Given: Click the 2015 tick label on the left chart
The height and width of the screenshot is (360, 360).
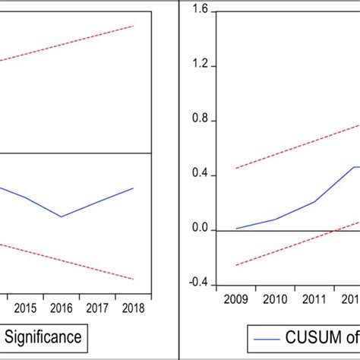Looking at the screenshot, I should (x=25, y=308).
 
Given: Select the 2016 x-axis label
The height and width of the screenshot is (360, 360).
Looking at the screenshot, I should (x=61, y=308).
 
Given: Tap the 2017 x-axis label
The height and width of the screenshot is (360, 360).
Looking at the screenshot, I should (x=97, y=308).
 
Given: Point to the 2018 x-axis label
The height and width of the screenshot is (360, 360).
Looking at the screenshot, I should (x=133, y=308).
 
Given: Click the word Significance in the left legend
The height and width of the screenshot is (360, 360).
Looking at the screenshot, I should (x=46, y=335).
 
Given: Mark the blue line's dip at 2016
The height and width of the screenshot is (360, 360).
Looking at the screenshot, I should (x=62, y=216).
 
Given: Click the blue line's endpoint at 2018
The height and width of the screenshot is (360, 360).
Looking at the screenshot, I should (x=134, y=188).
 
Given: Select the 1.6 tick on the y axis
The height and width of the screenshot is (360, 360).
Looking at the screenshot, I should (x=199, y=11).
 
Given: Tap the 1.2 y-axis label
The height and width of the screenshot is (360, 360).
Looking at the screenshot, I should (x=199, y=66).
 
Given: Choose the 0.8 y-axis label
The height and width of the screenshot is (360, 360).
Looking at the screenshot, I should (x=199, y=121).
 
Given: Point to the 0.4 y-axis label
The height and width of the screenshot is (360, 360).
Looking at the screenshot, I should (x=199, y=175).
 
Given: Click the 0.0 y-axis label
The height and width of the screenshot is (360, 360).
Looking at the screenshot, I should (x=199, y=230).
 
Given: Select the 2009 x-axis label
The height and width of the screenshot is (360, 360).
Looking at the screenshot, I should (x=236, y=299).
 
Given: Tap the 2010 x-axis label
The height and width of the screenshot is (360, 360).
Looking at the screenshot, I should (x=275, y=299).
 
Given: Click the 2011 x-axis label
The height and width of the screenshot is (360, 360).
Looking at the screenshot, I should (x=314, y=299).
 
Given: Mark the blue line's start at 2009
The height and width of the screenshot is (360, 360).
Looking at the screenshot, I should (x=236, y=228).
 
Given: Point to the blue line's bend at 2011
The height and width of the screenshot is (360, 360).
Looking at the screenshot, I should (x=314, y=201).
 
